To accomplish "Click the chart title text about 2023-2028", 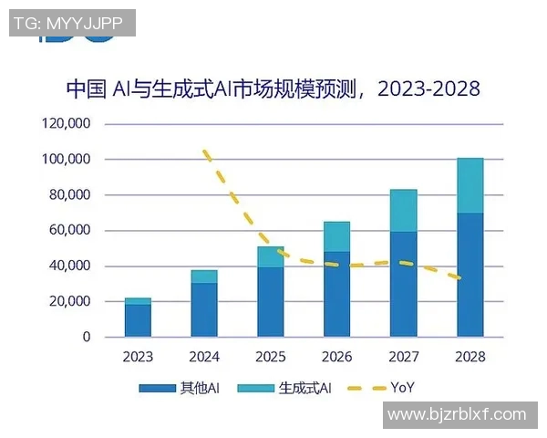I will tap(273, 89).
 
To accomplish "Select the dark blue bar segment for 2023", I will tap(138, 320).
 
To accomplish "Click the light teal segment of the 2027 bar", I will tap(403, 211).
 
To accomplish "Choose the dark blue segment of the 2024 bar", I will tap(204, 309).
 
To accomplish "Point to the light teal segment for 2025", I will tap(271, 256).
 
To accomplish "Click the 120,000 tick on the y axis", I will tap(66, 123).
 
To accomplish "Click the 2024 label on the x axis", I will tap(204, 357).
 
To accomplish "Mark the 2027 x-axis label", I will tap(403, 357).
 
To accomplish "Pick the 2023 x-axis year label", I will tap(138, 357).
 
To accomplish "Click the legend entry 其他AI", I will tap(181, 388).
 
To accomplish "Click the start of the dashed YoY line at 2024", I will tap(206, 151).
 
